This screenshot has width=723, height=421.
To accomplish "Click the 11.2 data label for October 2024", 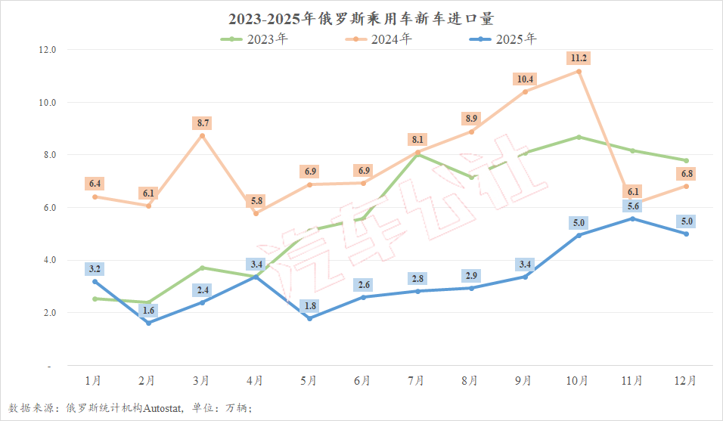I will [579, 58].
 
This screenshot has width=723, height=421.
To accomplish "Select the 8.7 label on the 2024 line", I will [202, 122].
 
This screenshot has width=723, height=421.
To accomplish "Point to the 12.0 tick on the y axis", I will [48, 50].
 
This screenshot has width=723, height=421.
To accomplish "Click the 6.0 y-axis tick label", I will [48, 207].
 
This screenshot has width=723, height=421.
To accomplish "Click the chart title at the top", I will [361, 17].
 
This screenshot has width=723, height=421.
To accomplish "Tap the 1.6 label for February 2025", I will [148, 310].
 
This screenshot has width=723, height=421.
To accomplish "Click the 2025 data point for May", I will [309, 318].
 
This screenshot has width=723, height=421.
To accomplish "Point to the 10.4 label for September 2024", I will [524, 79].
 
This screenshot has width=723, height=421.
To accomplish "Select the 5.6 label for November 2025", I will [632, 206].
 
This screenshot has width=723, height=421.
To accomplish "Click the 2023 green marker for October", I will [579, 137].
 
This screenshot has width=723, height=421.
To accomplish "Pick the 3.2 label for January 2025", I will [95, 268].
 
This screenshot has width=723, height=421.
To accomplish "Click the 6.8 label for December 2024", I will [686, 174].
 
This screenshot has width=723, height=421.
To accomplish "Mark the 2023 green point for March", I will [202, 268].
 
